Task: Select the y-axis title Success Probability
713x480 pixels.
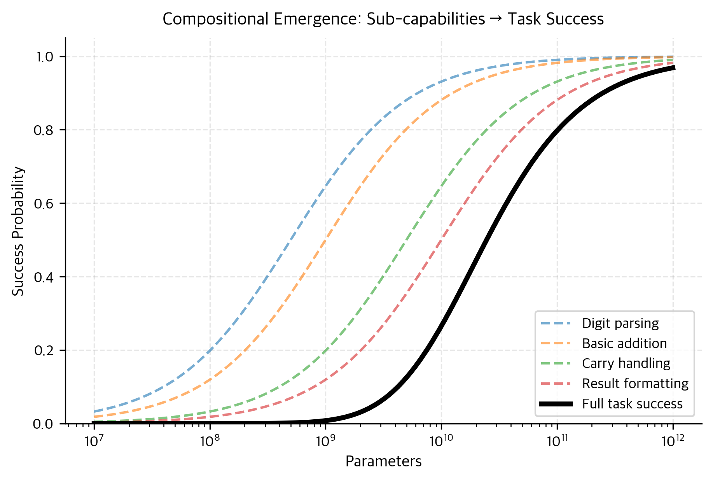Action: [x=18, y=231]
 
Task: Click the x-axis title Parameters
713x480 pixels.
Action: [x=383, y=461]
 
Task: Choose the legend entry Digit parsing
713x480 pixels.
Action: [x=620, y=323]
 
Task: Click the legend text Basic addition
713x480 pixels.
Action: [x=624, y=343]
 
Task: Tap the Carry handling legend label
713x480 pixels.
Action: [x=626, y=363]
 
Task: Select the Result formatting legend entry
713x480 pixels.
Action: [x=635, y=384]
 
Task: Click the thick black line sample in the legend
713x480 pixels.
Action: [x=556, y=404]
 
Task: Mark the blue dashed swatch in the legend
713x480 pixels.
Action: [x=556, y=323]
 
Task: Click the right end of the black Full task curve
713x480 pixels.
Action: [x=673, y=68]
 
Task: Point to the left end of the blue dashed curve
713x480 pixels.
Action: [x=94, y=412]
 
